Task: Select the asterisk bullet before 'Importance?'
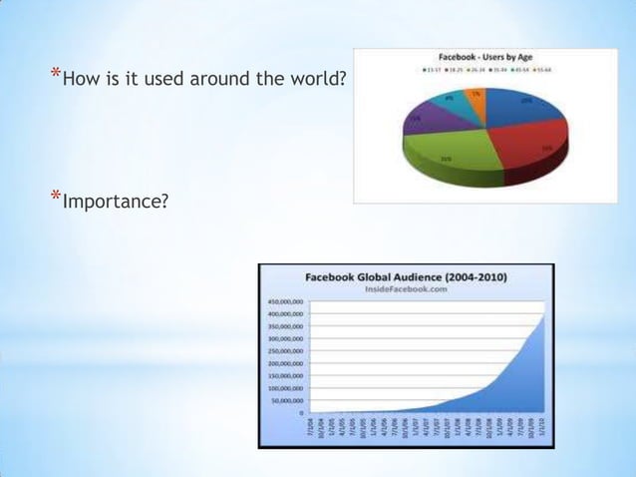point(55,198)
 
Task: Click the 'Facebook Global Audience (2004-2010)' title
point(417,275)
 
